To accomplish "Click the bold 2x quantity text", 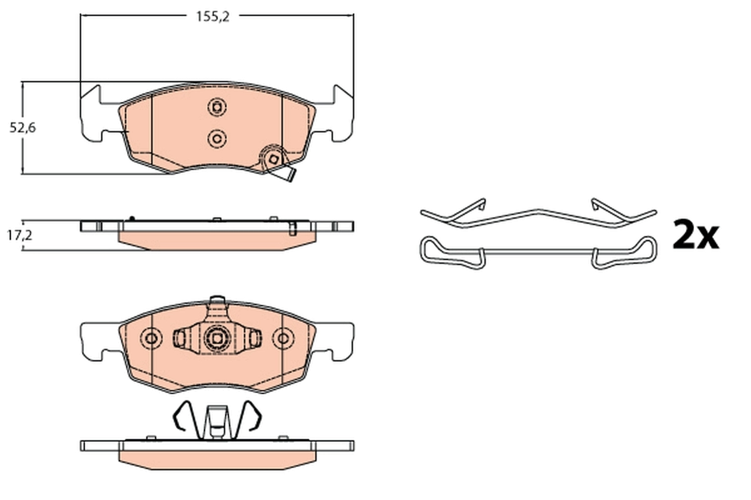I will point(695,236).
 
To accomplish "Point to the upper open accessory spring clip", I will point(538,214).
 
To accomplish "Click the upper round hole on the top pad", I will point(217,107).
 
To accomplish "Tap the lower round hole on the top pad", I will point(217,137).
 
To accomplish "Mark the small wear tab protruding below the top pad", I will point(288,176).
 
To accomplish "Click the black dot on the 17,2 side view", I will point(131,218).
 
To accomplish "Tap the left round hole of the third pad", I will point(151,338).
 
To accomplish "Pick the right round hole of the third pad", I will point(283,338).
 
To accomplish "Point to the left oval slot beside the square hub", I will point(181,338).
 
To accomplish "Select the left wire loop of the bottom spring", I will point(183,416).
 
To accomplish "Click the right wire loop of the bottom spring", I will point(250,416).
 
